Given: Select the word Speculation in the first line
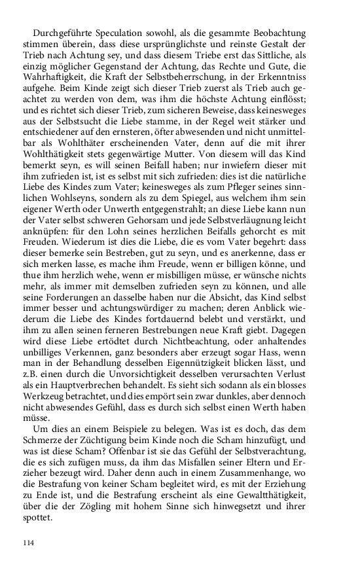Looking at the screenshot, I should pyautogui.click(x=128, y=33).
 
